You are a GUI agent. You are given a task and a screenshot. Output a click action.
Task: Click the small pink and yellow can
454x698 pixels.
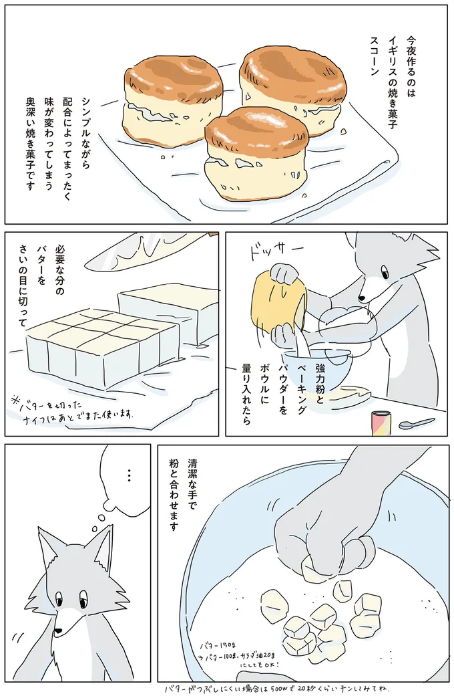tap(381, 423)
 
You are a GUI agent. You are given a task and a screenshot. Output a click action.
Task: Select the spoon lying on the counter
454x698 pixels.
tap(416, 424)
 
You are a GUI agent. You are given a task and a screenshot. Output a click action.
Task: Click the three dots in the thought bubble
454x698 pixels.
tap(129, 477)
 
